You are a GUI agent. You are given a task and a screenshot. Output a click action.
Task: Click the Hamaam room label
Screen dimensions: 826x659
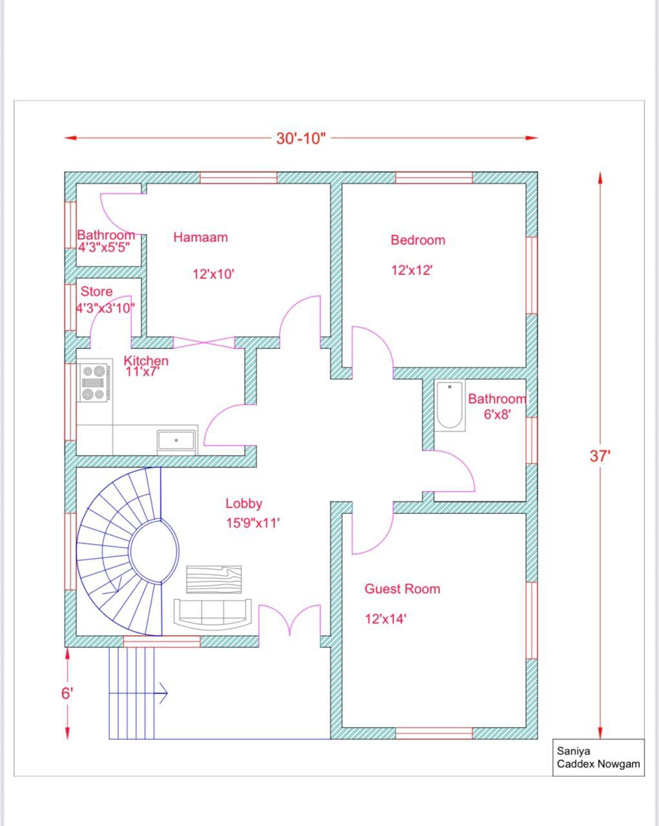point(200,237)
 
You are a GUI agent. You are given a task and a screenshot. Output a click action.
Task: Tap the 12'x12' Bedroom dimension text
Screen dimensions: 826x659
point(411,270)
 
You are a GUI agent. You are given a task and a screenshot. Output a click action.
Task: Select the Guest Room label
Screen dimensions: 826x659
point(402,589)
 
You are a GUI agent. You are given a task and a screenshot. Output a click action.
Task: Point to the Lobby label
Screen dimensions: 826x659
point(243,504)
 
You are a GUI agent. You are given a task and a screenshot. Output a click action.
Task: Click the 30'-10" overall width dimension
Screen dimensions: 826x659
point(301,139)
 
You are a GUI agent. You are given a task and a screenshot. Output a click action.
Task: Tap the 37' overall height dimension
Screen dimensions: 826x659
point(600,456)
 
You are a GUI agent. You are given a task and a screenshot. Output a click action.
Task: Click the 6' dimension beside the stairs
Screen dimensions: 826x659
point(67,694)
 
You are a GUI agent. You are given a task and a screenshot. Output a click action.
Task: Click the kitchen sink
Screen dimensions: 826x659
point(177,440)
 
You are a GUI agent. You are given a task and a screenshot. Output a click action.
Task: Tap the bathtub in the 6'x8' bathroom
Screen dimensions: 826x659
point(450,405)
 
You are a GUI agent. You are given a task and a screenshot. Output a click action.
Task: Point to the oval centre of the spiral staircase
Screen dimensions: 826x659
point(154,551)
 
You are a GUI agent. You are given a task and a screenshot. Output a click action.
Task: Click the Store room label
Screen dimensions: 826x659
point(96,292)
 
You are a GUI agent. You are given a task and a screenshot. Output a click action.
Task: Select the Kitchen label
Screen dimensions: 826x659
point(146,361)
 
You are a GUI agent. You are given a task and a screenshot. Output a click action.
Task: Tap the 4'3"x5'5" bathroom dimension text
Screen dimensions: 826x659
point(105,247)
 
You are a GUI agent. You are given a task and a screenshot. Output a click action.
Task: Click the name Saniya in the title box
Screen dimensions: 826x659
point(573,751)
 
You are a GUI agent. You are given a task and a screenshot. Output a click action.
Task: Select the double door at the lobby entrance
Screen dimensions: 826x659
point(289,621)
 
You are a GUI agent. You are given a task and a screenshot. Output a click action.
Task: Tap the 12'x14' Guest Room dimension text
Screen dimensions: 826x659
point(385,619)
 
